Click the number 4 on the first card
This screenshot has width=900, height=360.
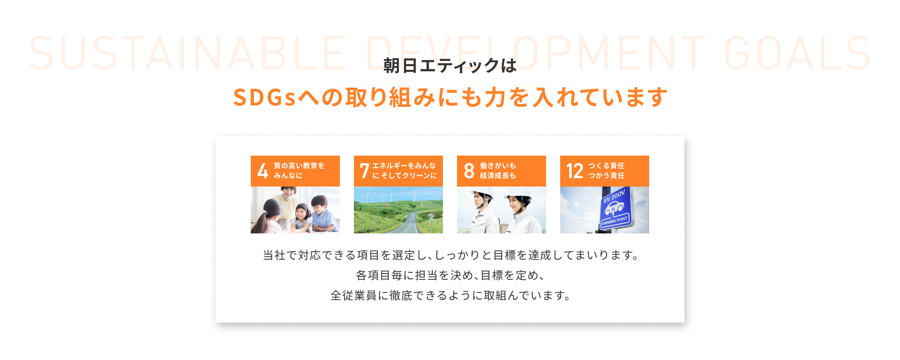[263, 171]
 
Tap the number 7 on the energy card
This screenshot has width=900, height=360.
[365, 171]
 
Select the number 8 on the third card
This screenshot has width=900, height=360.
[469, 171]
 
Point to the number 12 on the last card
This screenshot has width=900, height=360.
[575, 171]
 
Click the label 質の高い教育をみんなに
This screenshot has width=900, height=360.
[299, 171]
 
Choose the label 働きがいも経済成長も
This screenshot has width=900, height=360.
[498, 171]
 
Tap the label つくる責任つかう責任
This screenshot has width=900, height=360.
[607, 171]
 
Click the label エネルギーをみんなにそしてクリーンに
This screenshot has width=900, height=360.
[405, 171]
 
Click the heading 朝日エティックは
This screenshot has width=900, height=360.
[450, 66]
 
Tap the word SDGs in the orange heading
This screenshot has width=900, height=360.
[264, 97]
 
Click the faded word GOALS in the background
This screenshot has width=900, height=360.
[797, 53]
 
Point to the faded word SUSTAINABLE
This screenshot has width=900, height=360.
[188, 53]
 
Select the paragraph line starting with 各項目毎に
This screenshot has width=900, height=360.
[450, 275]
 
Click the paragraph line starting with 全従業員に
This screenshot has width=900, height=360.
[450, 295]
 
